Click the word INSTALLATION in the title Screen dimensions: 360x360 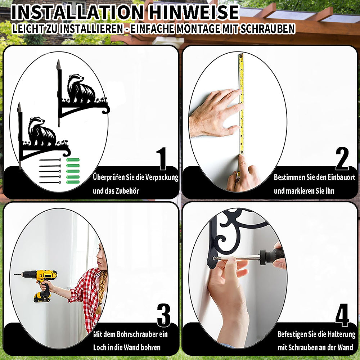(77, 12)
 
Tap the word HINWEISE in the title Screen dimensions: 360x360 (194, 12)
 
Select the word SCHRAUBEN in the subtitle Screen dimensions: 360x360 (267, 29)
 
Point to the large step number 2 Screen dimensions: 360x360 (342, 159)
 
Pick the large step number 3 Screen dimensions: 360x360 (164, 315)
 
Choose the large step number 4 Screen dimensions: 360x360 (342, 315)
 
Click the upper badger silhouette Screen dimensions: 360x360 (81, 89)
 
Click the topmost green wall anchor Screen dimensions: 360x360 (73, 160)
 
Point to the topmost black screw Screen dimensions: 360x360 (50, 160)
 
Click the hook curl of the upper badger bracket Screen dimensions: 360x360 (106, 109)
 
